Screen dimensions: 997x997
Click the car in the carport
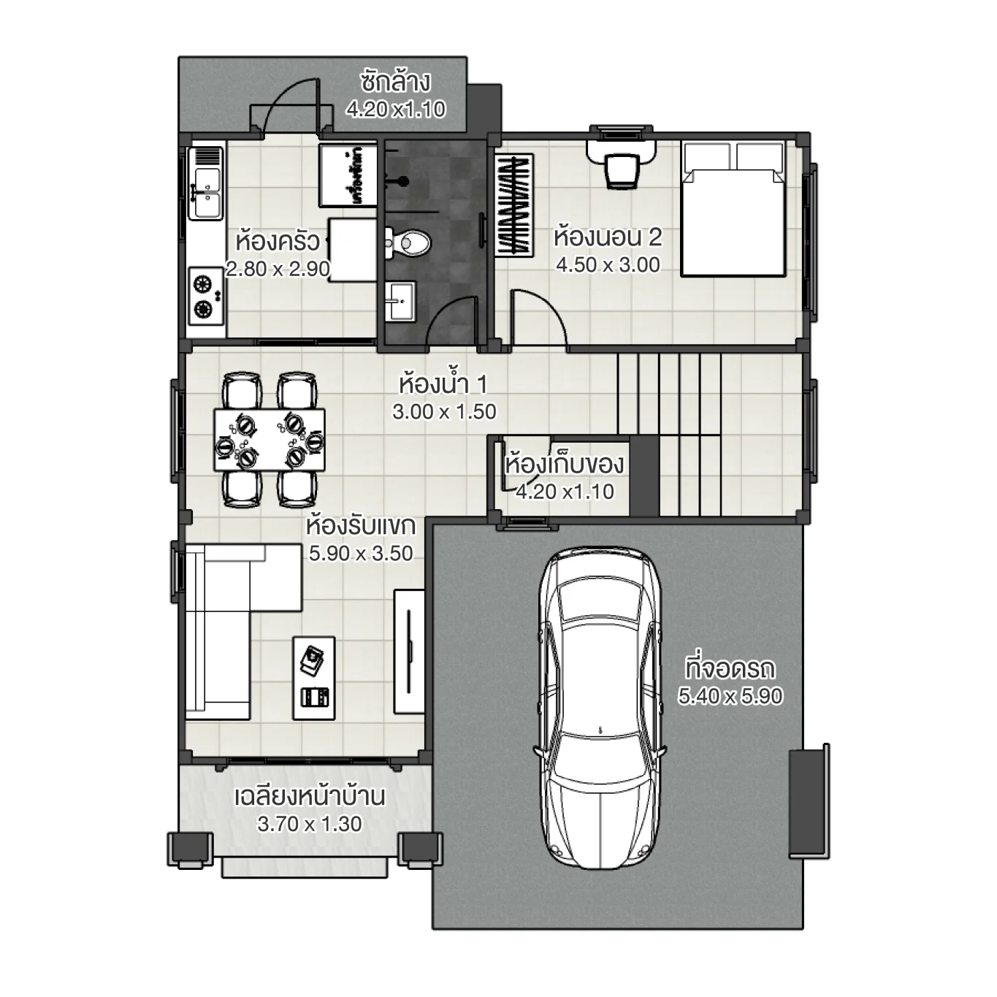602,708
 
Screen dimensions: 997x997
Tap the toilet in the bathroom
409,242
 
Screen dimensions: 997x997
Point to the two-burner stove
205,295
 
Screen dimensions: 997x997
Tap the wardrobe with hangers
514,204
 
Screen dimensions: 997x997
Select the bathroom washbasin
399,300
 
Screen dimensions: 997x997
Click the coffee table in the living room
314,678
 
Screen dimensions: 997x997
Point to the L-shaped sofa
219,628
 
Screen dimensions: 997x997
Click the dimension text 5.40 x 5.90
730,696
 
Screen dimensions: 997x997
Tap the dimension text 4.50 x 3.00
608,264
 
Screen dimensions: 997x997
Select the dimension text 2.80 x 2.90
278,269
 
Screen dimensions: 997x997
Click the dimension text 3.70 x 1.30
310,824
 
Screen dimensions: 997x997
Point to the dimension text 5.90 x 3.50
361,553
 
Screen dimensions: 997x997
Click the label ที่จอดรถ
730,668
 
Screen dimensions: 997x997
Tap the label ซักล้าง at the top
395,82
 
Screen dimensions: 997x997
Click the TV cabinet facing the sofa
409,650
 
